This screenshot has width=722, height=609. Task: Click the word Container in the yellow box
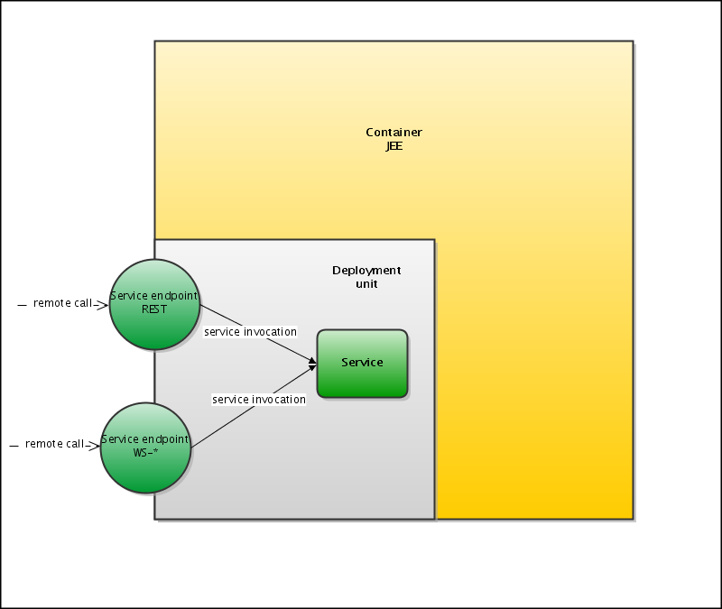coord(393,133)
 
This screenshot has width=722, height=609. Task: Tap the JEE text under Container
coord(393,145)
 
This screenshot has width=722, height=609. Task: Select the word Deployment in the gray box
coord(366,271)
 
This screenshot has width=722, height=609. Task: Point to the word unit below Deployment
coord(366,283)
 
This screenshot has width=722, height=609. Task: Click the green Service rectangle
coord(362,364)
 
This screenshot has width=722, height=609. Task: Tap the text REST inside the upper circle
coord(155,309)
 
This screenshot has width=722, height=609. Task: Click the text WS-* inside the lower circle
coord(145,452)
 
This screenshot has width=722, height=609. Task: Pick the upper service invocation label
coord(250,332)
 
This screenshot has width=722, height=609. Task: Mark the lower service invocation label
coord(259,399)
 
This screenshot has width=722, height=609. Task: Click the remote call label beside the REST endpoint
coord(62,303)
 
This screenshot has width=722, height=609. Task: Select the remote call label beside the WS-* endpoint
coord(54,444)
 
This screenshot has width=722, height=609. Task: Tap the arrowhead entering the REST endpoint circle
coord(105,305)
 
